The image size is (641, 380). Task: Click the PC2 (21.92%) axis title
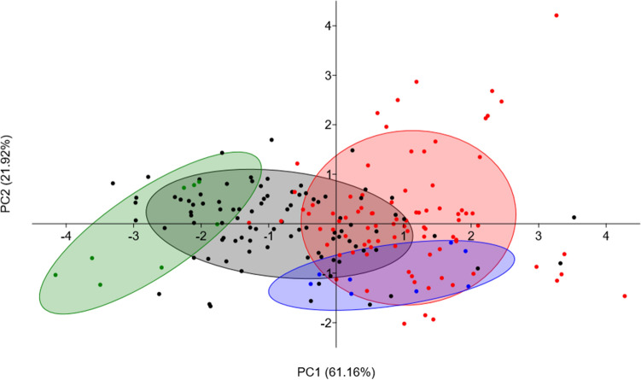(x=10, y=184)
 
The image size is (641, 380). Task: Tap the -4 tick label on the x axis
(x=62, y=236)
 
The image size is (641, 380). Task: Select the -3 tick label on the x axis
(x=131, y=236)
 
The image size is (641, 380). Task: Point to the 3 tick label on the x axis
(x=539, y=236)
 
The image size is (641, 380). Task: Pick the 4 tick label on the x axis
(x=606, y=236)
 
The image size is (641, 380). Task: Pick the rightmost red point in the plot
(x=625, y=296)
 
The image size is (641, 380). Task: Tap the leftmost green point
(x=55, y=275)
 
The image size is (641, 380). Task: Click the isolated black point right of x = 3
(x=574, y=218)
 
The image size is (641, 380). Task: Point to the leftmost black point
(x=113, y=183)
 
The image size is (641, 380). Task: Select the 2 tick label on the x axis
(x=471, y=236)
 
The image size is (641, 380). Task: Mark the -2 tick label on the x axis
(x=199, y=236)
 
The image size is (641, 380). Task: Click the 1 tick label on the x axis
(x=404, y=236)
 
